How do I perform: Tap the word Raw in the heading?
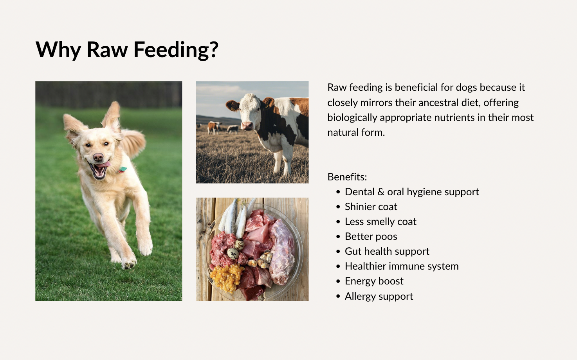click(x=107, y=49)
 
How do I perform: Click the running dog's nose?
click(x=98, y=157)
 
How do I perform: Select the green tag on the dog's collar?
click(x=123, y=169)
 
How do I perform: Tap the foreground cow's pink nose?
click(x=247, y=125)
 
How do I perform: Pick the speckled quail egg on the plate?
click(x=233, y=254)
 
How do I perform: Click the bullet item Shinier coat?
click(x=371, y=207)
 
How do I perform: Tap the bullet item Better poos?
click(x=371, y=236)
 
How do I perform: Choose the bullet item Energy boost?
click(x=374, y=281)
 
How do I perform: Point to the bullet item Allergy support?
click(x=379, y=296)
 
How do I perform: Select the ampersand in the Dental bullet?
click(x=381, y=192)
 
